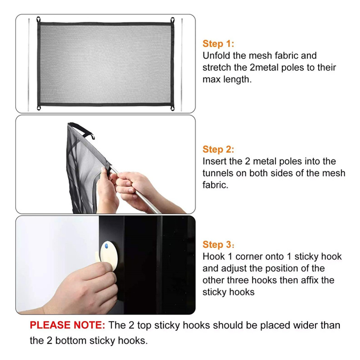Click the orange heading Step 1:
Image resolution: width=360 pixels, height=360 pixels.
[218, 44]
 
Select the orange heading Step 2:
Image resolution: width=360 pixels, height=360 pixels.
[218, 149]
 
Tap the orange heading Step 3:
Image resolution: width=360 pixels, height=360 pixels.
[218, 245]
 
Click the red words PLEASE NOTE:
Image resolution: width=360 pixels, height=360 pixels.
[67, 325]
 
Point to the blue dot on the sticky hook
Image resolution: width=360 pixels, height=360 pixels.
[106, 246]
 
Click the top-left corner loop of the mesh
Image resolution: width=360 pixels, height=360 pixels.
[38, 19]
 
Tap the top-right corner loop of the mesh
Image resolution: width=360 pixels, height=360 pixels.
[172, 20]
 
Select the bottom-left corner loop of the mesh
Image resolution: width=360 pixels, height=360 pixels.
[39, 108]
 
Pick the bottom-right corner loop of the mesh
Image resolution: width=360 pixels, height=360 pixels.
[172, 108]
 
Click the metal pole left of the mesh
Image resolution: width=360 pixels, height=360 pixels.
[29, 65]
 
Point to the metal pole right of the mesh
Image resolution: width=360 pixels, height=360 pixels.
[182, 65]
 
